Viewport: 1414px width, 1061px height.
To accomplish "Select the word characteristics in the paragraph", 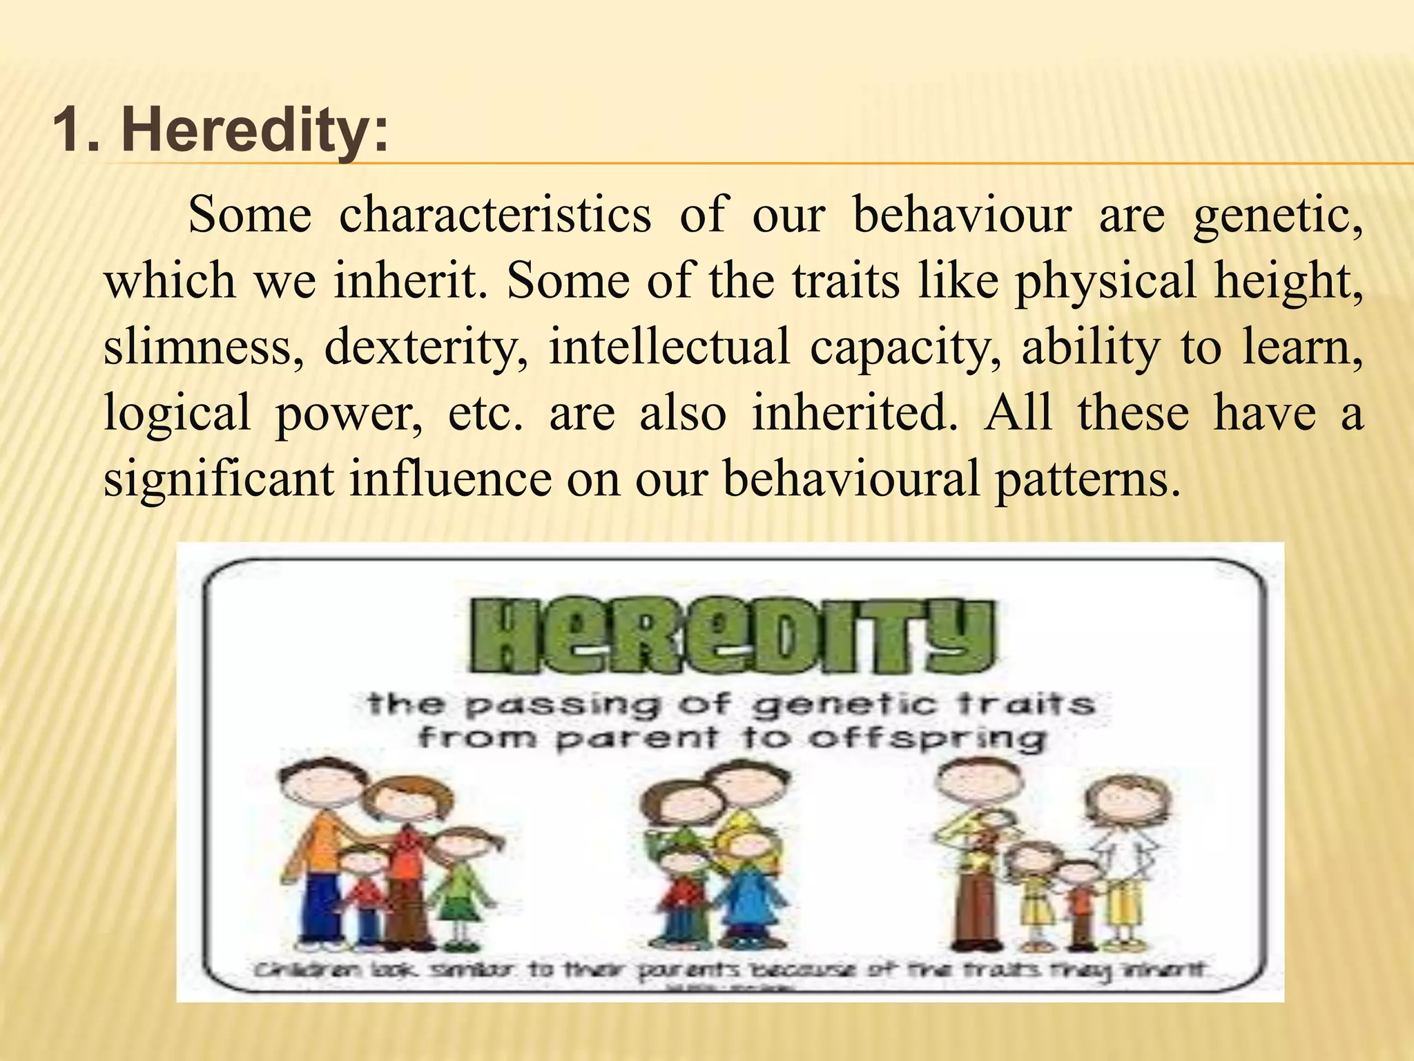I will coord(495,215).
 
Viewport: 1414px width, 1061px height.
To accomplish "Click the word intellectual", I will coord(668,347).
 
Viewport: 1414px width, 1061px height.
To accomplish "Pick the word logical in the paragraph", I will coord(177,413).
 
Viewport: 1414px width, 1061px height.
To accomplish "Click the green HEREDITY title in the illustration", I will coord(732,635).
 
